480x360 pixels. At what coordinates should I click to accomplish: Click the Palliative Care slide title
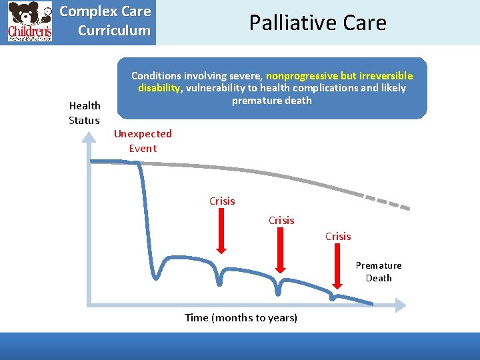(x=317, y=23)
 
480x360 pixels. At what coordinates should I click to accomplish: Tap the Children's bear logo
(x=30, y=21)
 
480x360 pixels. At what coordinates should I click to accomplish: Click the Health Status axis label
(x=85, y=113)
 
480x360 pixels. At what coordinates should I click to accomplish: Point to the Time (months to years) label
(x=241, y=317)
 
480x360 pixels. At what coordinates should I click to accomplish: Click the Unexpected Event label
(x=143, y=141)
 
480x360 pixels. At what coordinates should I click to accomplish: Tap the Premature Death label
(x=379, y=271)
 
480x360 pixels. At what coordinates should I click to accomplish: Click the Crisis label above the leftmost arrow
(x=222, y=201)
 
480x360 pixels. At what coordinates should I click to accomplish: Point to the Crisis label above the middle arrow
(x=281, y=220)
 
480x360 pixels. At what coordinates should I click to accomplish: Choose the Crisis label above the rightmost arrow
(x=338, y=236)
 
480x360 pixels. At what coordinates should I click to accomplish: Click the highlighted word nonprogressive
(x=302, y=76)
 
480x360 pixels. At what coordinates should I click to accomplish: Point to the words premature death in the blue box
(x=272, y=101)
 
